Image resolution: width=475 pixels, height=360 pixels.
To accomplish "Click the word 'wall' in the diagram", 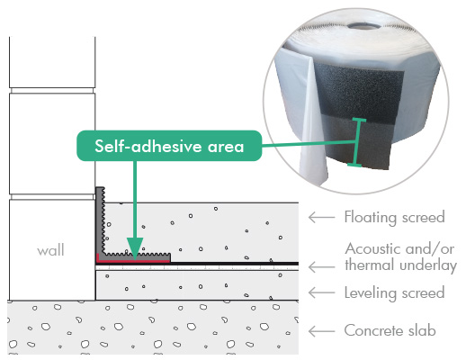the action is click(50, 250).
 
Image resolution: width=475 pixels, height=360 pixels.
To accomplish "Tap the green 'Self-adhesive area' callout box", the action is click(169, 146).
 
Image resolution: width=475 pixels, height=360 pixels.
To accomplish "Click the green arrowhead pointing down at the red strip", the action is click(135, 248).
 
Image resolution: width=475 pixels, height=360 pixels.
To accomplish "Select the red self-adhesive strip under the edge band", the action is click(132, 260).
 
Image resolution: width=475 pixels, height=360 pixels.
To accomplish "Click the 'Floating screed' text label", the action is click(394, 217).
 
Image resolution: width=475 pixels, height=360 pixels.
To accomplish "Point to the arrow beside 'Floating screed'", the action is click(321, 217).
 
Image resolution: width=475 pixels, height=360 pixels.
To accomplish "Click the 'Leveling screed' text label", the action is click(394, 293).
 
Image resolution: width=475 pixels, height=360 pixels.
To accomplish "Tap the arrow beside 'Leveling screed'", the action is click(321, 292).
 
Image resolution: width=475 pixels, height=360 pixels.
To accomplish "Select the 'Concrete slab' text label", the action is click(390, 330).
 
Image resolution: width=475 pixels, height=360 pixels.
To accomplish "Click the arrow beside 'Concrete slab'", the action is click(321, 331).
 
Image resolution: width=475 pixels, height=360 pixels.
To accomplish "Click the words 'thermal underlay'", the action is click(400, 265).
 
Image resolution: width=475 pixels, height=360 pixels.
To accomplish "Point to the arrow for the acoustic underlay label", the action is click(321, 267).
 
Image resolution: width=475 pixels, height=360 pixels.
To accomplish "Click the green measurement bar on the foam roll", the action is click(357, 142).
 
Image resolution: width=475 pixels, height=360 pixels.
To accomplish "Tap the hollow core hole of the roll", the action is click(362, 25).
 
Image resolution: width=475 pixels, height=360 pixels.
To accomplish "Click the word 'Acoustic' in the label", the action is click(372, 249).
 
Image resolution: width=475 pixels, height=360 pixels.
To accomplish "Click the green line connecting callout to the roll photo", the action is click(309, 144).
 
